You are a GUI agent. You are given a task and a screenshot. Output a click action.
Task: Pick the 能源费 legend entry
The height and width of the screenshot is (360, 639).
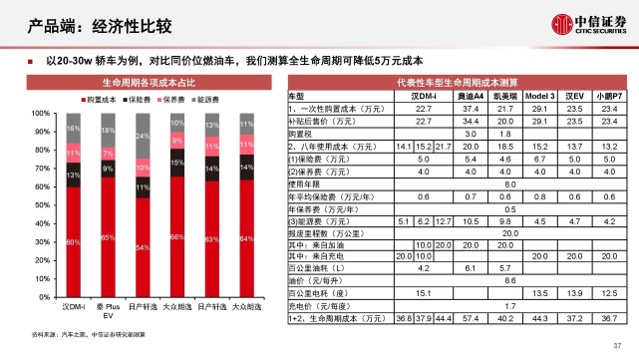pos(215,101)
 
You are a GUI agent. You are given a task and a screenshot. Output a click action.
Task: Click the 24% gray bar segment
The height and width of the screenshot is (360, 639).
pos(143,137)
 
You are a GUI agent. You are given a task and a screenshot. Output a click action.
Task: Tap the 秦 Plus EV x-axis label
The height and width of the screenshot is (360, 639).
pos(108,312)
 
